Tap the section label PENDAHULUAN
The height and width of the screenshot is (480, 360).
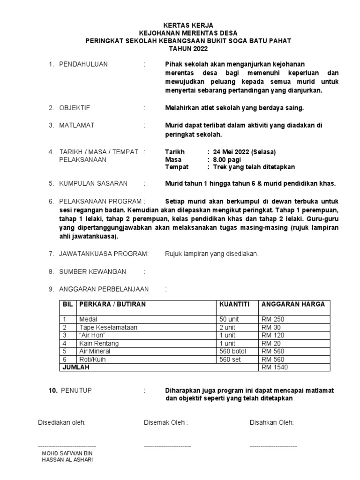click(x=83, y=64)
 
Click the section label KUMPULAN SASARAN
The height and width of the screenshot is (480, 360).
click(x=93, y=183)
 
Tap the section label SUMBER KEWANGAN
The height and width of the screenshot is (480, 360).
click(x=92, y=271)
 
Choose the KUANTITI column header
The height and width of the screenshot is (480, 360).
click(x=234, y=304)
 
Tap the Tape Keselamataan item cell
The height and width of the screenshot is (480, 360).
click(x=108, y=328)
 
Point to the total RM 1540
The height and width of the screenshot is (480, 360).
click(x=275, y=367)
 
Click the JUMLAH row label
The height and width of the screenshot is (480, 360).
click(x=76, y=367)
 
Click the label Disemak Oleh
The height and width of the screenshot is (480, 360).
click(x=165, y=422)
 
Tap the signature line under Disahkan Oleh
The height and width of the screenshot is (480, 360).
click(x=273, y=446)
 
